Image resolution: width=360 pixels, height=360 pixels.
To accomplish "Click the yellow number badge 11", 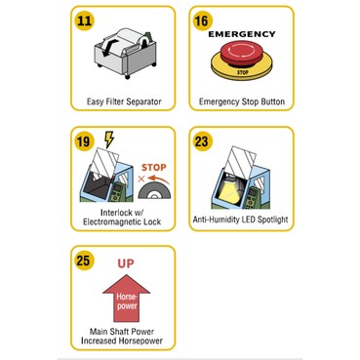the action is pos(85,21).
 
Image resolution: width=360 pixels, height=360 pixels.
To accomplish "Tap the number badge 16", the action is pos(202,21).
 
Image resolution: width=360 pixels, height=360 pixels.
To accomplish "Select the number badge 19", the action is pos(84,141).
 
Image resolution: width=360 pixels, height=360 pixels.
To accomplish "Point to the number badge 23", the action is pos(202,141).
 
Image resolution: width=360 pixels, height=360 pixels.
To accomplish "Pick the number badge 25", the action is pos(84,260).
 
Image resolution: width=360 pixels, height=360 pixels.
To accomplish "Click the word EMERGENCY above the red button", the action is pos(242,34).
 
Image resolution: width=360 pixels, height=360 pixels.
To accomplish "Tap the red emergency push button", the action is pos(242,53).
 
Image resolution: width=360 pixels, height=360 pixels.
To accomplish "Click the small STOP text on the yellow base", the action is pos(243,72).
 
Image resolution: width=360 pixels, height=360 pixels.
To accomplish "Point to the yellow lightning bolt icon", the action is pos(109,140).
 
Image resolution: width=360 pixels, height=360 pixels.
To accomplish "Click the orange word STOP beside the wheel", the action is pos(154,168).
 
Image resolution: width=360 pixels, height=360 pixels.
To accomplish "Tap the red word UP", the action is pos(126,263).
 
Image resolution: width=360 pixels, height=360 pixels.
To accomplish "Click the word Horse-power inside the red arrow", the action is pos(127,301).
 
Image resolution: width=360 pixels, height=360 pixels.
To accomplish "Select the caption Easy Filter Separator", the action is pos(124,101).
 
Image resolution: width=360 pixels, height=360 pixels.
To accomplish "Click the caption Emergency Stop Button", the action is pos(242,101).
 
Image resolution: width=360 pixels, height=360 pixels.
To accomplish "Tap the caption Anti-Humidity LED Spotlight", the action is pos(241,220).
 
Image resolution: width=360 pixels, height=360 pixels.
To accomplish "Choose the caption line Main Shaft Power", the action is pos(122,332).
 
